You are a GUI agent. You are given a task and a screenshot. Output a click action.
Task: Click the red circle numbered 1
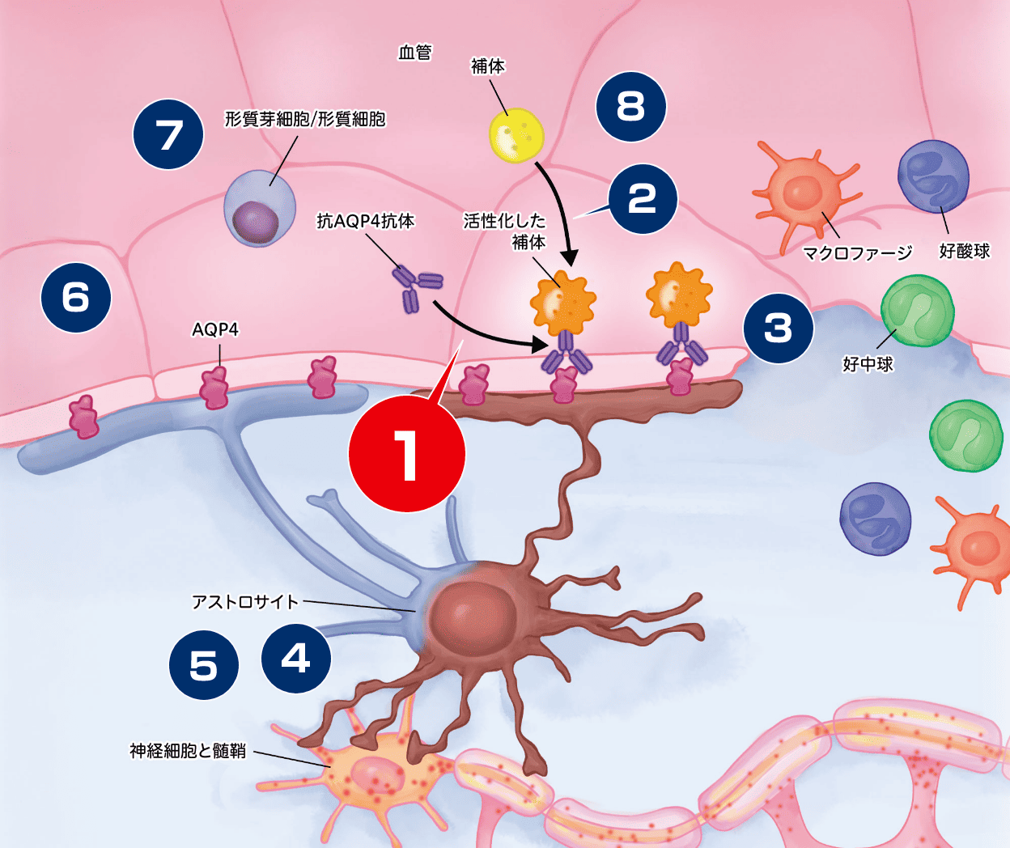click(x=407, y=454)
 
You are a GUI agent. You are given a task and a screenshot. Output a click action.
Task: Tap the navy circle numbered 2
click(x=643, y=199)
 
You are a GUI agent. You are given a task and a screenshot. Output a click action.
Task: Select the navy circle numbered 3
click(x=779, y=329)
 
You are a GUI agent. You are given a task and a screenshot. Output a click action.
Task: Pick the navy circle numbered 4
click(x=296, y=658)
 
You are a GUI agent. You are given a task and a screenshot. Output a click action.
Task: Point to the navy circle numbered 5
click(x=204, y=665)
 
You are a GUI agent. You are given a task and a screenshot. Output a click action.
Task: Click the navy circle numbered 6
click(x=76, y=298)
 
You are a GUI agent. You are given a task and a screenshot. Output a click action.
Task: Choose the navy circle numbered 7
click(x=168, y=134)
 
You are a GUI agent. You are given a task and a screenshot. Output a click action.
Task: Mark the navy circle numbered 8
click(x=631, y=107)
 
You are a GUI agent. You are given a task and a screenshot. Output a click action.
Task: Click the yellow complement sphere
click(x=516, y=135)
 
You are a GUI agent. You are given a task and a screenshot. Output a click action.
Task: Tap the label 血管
click(x=415, y=53)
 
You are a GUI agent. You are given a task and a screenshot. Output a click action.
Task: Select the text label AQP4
click(x=215, y=329)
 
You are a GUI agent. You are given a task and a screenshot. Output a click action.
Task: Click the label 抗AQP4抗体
click(x=366, y=221)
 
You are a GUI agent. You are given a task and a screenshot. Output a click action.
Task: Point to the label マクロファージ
click(x=857, y=253)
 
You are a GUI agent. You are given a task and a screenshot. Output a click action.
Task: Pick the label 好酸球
click(x=965, y=252)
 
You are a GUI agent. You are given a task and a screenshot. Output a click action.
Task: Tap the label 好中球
click(x=868, y=364)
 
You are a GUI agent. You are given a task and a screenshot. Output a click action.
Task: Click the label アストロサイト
click(x=245, y=601)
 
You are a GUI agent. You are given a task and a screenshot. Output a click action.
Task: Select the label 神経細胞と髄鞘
click(x=188, y=751)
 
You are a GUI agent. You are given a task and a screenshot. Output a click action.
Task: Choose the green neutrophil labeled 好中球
click(x=918, y=311)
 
